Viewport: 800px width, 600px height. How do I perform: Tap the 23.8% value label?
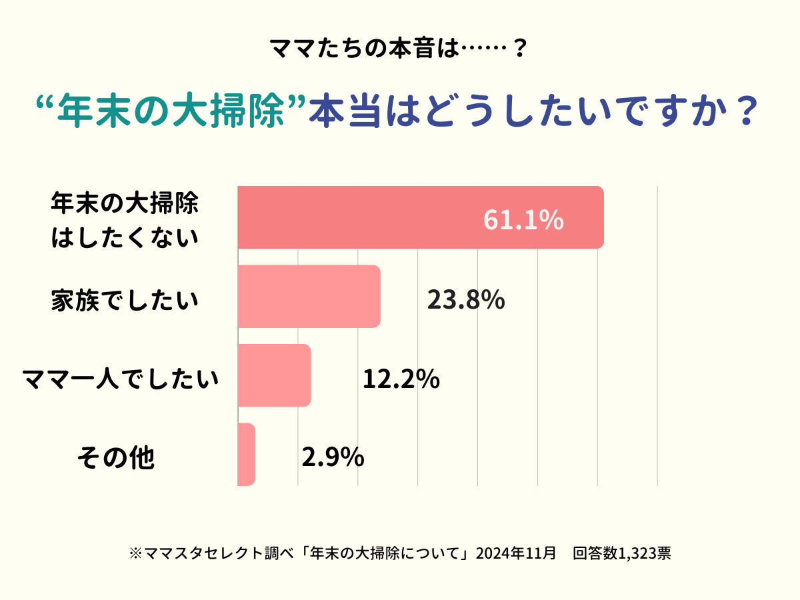[465, 301]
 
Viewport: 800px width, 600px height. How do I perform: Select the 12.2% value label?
[401, 379]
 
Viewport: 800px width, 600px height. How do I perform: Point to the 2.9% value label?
[333, 458]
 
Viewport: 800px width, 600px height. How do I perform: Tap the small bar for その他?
[247, 455]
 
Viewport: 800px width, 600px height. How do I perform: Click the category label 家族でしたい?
[125, 301]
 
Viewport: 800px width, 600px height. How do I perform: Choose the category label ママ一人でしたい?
[120, 379]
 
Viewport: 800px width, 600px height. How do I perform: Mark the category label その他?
[115, 458]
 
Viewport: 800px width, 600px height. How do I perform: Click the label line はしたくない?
[125, 237]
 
